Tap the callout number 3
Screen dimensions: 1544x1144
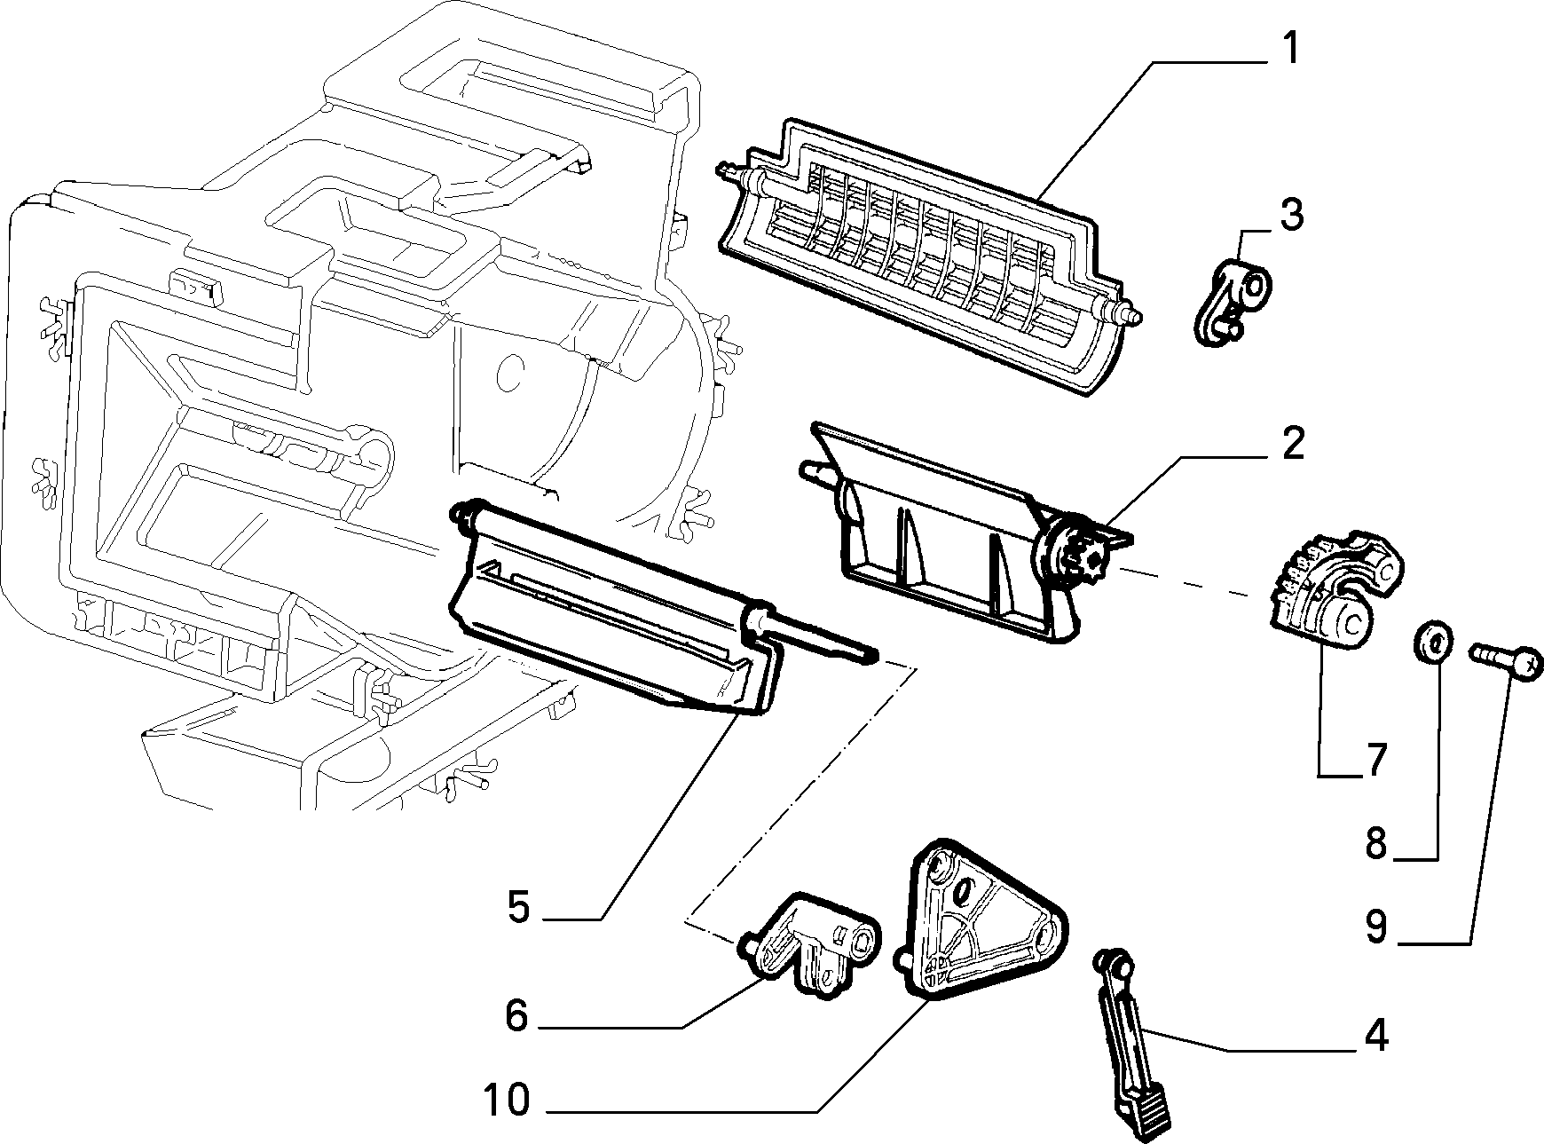click(1291, 216)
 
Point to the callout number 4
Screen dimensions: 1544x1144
click(1375, 1036)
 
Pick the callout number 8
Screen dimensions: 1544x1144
click(1375, 844)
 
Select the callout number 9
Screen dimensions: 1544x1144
click(1375, 927)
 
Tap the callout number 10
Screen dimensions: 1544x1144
click(507, 1101)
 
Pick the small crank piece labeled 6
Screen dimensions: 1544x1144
click(808, 943)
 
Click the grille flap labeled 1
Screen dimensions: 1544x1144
click(927, 256)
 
